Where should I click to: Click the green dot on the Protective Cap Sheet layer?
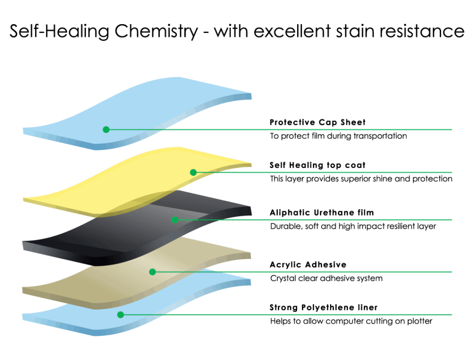pyautogui.click(x=106, y=129)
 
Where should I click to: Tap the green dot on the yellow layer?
pyautogui.click(x=193, y=172)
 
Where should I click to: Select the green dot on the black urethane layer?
pyautogui.click(x=175, y=220)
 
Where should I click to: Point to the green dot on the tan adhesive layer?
pyautogui.click(x=153, y=272)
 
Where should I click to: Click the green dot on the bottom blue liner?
pyautogui.click(x=120, y=315)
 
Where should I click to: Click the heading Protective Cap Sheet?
pyautogui.click(x=318, y=122)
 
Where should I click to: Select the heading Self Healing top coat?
pyautogui.click(x=318, y=165)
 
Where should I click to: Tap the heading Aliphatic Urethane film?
pyautogui.click(x=322, y=213)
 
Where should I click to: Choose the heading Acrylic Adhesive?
pyautogui.click(x=308, y=265)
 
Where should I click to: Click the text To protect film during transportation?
pyautogui.click(x=338, y=136)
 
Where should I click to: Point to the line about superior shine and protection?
pyautogui.click(x=361, y=179)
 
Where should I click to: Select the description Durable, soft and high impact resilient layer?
pyautogui.click(x=353, y=227)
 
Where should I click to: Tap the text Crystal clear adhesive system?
pyautogui.click(x=326, y=278)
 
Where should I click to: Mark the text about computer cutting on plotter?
pyautogui.click(x=351, y=321)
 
